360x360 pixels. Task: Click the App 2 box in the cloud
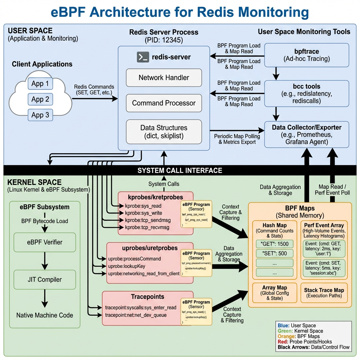[x=40, y=99]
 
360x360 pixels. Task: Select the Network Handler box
[x=164, y=78]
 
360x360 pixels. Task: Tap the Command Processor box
[x=164, y=103]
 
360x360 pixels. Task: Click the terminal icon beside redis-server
[x=142, y=57]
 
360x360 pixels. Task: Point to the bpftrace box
[x=306, y=55]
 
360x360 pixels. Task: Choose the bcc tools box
[x=306, y=94]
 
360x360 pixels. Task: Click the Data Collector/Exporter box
[x=306, y=134]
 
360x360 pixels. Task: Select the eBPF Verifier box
[x=45, y=242]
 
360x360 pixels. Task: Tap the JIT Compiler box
[x=45, y=279]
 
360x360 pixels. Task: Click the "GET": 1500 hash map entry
[x=274, y=244]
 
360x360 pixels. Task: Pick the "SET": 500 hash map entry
[x=274, y=253]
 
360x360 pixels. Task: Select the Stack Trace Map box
[x=324, y=293]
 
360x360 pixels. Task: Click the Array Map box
[x=274, y=293]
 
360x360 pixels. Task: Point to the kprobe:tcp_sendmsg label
[x=147, y=220]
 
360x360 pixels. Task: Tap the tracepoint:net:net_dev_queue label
[x=136, y=315]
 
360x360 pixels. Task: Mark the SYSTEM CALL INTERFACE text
[x=180, y=171]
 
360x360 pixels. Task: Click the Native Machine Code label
[x=45, y=315]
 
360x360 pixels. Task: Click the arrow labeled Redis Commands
[x=95, y=99]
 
